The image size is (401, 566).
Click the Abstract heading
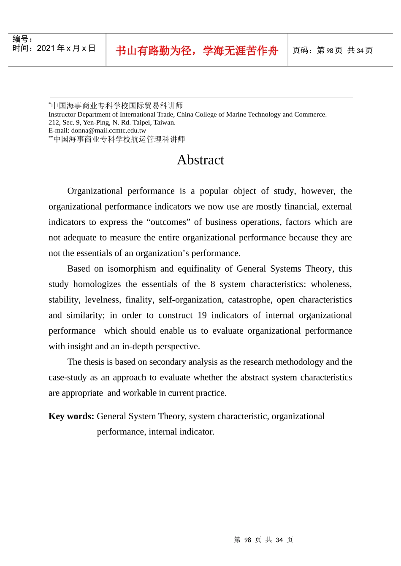(x=200, y=160)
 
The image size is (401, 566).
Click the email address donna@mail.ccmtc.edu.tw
(x=108, y=131)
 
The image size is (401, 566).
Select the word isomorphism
(x=131, y=269)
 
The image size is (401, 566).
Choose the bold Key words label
(x=71, y=416)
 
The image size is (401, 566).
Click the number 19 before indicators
(x=202, y=315)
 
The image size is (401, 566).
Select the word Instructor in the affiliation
(x=62, y=115)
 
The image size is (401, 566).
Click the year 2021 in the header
(x=46, y=49)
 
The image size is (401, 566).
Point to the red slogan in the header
(x=197, y=51)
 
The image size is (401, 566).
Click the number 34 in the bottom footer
(x=279, y=540)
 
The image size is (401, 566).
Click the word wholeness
(x=331, y=284)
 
